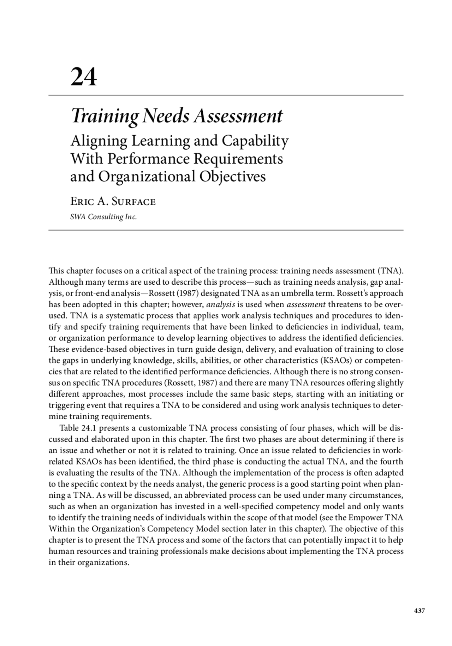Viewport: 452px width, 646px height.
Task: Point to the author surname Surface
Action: click(133, 202)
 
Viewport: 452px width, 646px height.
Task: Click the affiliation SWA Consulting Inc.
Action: click(103, 217)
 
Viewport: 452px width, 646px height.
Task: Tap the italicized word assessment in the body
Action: click(306, 304)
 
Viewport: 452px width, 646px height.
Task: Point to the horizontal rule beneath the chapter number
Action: click(226, 95)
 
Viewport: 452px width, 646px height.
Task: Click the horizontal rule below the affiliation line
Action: click(226, 230)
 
